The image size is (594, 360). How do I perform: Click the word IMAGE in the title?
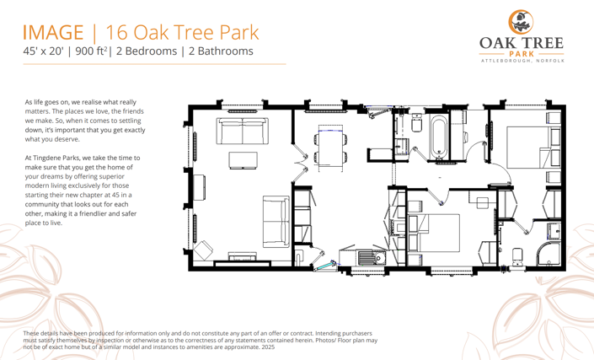pos(53,33)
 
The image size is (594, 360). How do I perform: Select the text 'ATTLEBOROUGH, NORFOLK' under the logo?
pos(522,62)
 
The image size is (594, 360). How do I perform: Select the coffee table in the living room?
pos(245,161)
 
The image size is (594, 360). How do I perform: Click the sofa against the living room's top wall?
pos(243,131)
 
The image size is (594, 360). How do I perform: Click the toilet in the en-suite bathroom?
pos(518,255)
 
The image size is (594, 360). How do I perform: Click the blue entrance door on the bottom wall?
pos(322,265)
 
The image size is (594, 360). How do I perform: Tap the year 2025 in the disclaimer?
pos(268,347)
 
